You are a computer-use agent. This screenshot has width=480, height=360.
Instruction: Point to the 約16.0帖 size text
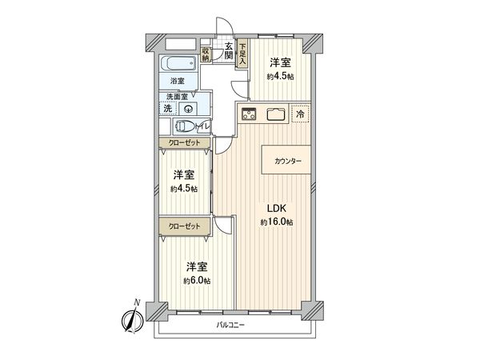pos(276,222)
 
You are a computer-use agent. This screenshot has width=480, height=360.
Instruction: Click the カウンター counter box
pos(288,161)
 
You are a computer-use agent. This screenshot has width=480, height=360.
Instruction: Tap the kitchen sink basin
pos(276,113)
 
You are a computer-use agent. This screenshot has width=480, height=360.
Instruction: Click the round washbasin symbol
pos(190,107)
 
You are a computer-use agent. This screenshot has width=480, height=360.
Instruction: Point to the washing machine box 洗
pos(168,108)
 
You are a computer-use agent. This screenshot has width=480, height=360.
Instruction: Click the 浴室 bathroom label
pos(176,82)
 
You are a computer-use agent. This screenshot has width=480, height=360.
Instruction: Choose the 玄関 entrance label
pos(229,51)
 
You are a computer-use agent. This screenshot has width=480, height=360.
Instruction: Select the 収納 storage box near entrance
pos(206,54)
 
